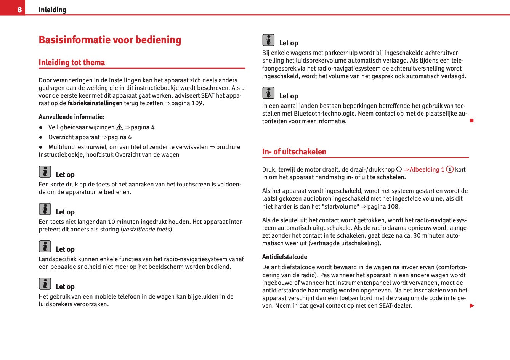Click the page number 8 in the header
click(x=19, y=10)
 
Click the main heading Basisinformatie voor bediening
click(x=110, y=40)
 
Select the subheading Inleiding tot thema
click(x=72, y=63)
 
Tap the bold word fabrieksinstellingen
click(x=95, y=103)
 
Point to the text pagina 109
click(x=187, y=103)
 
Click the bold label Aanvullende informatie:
click(x=71, y=117)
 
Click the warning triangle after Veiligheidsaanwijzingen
click(x=119, y=127)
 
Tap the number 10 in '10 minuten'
click(x=111, y=222)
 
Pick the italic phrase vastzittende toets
click(x=146, y=230)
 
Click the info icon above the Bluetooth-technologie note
click(x=268, y=93)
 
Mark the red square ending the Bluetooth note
click(x=472, y=121)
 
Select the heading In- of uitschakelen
click(x=294, y=152)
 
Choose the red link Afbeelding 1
click(x=427, y=170)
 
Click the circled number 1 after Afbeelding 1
click(x=450, y=170)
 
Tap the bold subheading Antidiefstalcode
click(x=284, y=257)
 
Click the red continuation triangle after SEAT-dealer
click(x=472, y=306)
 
